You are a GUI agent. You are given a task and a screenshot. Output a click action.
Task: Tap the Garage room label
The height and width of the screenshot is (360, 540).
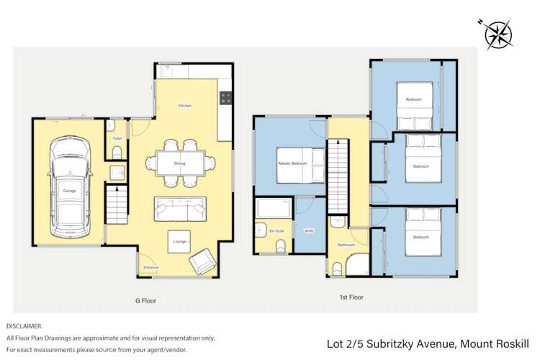pyautogui.click(x=70, y=191)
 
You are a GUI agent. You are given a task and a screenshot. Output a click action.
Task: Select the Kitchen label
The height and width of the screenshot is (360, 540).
pyautogui.click(x=185, y=106)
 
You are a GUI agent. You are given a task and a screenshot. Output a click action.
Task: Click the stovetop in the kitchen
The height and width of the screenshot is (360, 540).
pyautogui.click(x=226, y=97)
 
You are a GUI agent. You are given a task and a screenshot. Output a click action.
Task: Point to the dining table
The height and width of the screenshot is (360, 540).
pyautogui.click(x=180, y=163)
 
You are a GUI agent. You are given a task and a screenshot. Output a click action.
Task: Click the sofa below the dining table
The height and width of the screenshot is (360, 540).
pyautogui.click(x=180, y=210)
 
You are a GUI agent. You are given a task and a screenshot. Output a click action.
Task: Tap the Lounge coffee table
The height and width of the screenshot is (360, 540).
pyautogui.click(x=180, y=242)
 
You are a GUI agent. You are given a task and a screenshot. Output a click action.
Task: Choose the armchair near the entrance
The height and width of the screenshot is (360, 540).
pyautogui.click(x=202, y=261)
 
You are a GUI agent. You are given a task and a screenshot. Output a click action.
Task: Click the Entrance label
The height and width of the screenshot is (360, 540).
pyautogui.click(x=151, y=268)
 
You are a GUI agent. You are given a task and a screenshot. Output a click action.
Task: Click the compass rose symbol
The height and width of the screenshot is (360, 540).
pyautogui.click(x=498, y=33)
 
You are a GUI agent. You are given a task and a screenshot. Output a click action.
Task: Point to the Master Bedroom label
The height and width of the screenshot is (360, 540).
pyautogui.click(x=292, y=163)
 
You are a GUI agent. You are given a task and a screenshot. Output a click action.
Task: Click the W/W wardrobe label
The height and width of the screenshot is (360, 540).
pyautogui.click(x=309, y=231)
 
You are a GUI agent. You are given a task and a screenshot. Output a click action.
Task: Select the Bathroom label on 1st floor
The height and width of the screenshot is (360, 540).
pyautogui.click(x=346, y=245)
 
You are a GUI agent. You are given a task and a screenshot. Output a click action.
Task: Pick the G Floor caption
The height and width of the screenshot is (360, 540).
pyautogui.click(x=145, y=300)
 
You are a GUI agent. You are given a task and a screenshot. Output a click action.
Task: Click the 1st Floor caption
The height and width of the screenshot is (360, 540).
pyautogui.click(x=353, y=297)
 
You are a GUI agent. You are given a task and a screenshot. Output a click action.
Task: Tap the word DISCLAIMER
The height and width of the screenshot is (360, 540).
pyautogui.click(x=24, y=326)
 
